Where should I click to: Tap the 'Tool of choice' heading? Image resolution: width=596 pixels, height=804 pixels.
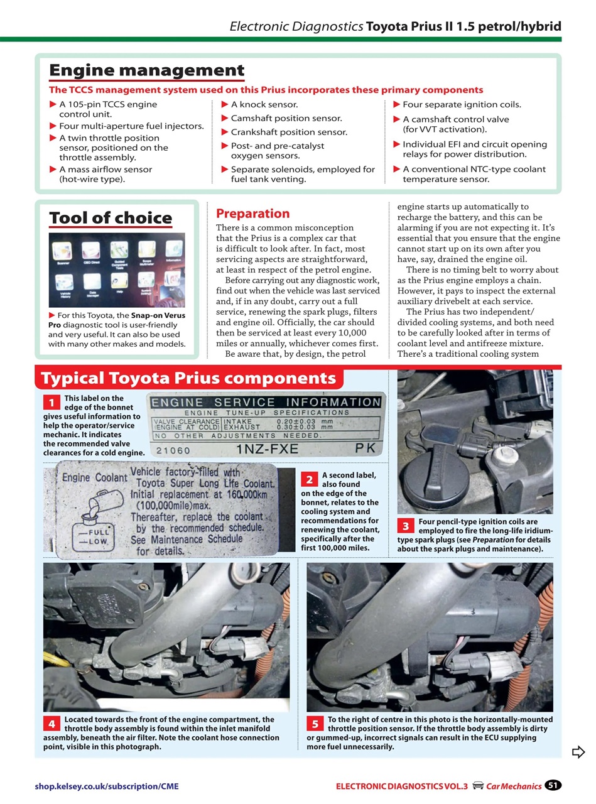tap(111, 218)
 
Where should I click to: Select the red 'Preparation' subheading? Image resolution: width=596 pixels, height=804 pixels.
tap(252, 214)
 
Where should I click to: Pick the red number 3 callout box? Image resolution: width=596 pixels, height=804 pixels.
tap(406, 526)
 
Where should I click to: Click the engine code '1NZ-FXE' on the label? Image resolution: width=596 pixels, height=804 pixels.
tap(267, 450)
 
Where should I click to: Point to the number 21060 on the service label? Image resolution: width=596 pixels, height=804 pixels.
tap(173, 450)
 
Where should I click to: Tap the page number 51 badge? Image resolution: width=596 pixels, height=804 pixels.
tap(553, 785)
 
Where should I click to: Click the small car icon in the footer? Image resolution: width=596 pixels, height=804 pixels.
tap(477, 785)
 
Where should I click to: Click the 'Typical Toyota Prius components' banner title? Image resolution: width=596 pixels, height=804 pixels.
tap(188, 378)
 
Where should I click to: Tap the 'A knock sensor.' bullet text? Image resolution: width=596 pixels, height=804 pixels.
tap(264, 104)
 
